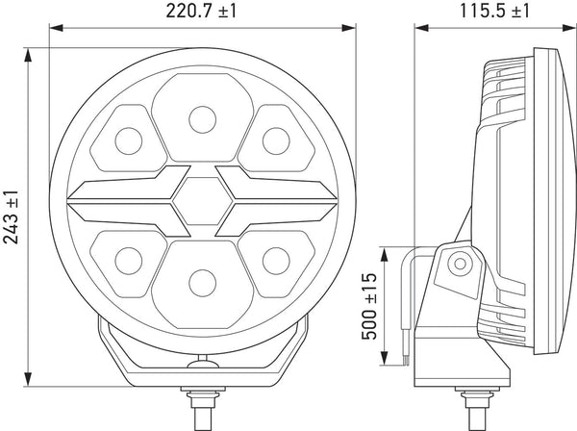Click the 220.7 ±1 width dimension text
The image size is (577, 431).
coord(201,11)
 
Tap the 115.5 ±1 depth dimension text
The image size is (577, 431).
coord(494,11)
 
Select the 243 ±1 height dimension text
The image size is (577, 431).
coord(11,217)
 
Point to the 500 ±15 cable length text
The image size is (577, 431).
coord(369,306)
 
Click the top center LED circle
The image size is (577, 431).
coord(202,119)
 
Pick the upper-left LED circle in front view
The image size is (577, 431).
coord(129,141)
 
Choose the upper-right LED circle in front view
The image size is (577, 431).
coord(276,141)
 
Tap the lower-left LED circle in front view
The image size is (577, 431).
coord(129,261)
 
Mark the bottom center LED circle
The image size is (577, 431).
coord(202,283)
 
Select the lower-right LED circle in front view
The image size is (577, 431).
coord(276,261)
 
